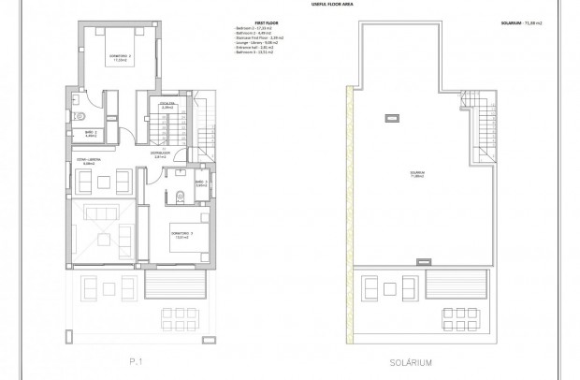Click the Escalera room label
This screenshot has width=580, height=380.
click(169, 107)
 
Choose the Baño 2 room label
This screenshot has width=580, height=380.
click(91, 134)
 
